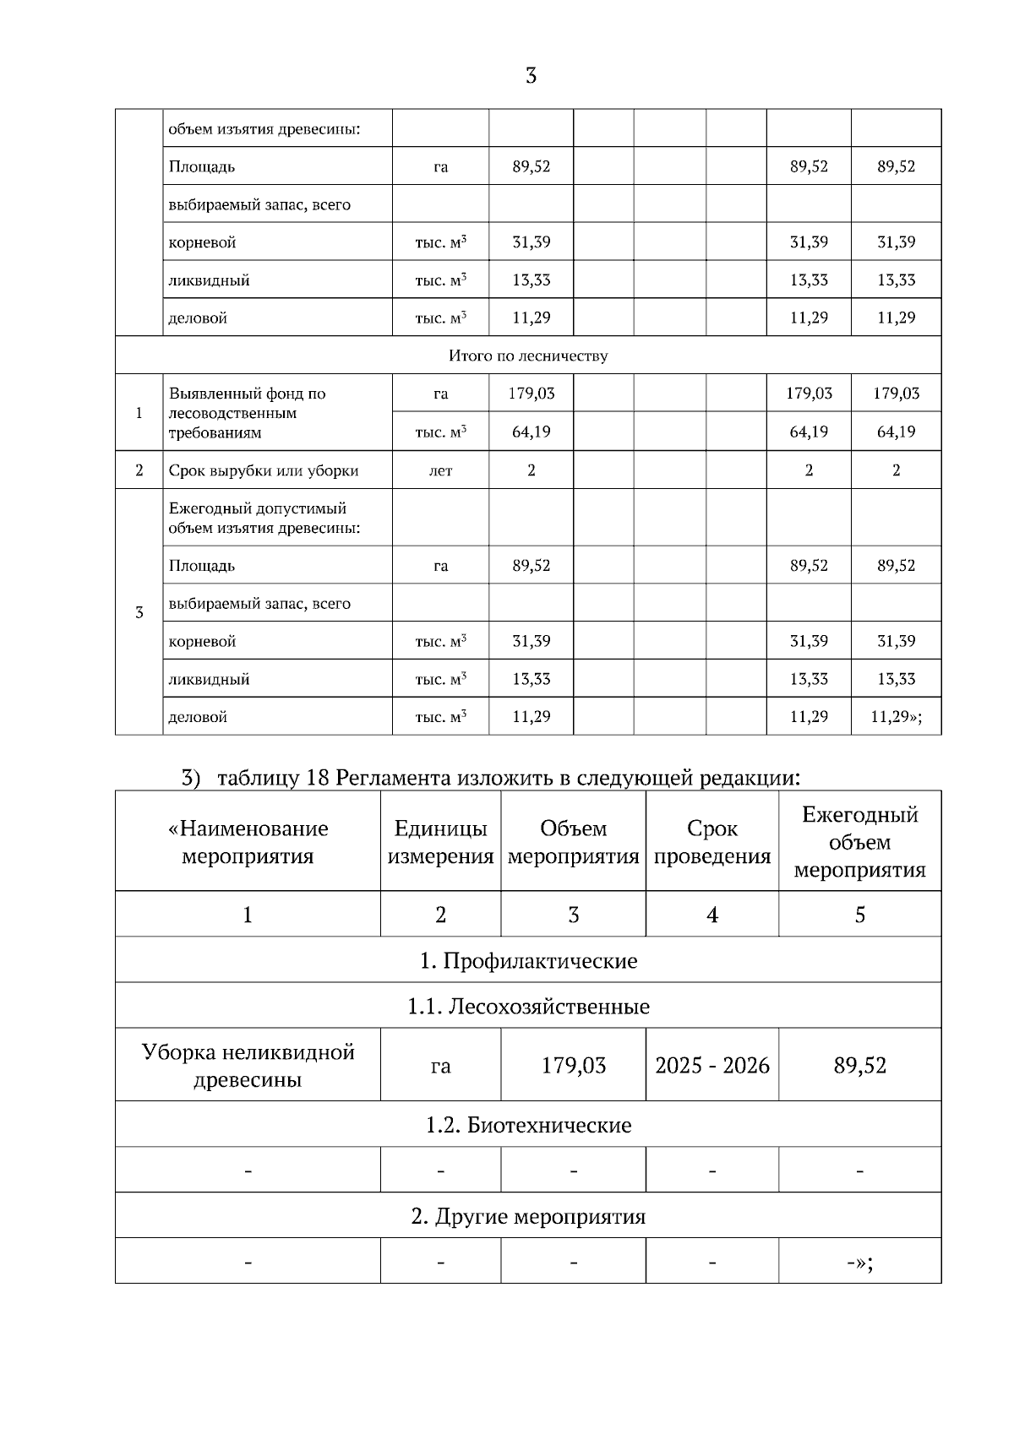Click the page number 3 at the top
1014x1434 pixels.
(531, 76)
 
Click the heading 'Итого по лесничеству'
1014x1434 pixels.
(528, 356)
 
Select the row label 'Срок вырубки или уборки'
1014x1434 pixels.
(264, 470)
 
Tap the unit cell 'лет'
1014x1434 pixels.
(440, 470)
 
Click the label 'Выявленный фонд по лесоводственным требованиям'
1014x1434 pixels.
(248, 413)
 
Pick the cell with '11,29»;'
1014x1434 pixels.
(896, 716)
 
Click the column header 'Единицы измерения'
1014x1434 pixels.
(440, 842)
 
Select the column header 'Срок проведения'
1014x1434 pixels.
(711, 842)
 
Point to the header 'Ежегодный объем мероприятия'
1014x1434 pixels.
(859, 842)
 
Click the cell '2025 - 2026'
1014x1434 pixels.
(711, 1065)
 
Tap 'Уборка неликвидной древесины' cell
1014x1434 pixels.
(248, 1065)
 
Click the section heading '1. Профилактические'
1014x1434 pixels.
(528, 960)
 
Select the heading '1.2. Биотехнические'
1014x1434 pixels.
(528, 1125)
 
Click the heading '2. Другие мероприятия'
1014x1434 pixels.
(528, 1216)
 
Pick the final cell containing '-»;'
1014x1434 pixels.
(859, 1262)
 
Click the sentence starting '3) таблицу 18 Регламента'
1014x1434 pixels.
(490, 776)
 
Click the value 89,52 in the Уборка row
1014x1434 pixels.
(859, 1065)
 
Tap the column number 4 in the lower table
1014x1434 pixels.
(711, 915)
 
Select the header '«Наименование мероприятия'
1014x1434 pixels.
(248, 842)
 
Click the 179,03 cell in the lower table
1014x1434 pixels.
(573, 1065)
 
